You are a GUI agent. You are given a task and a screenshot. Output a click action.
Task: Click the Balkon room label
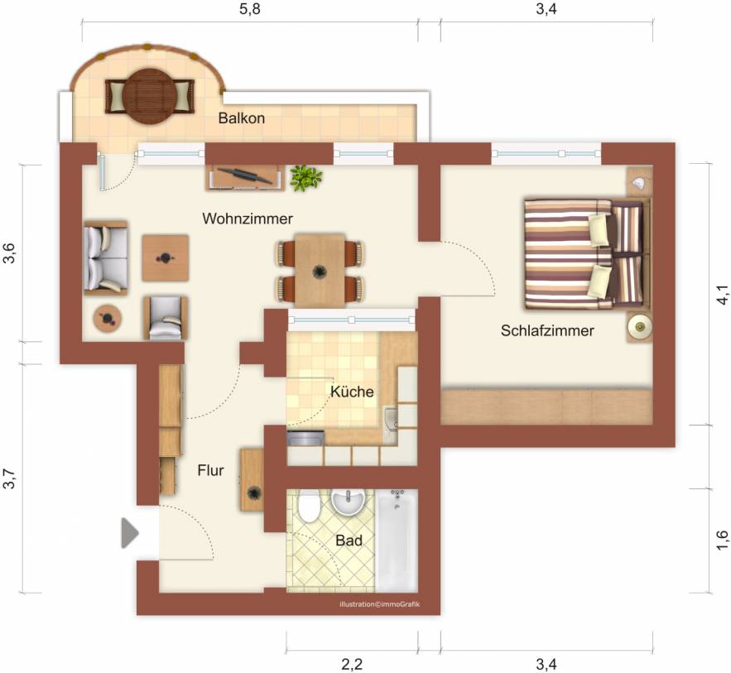pos(242,118)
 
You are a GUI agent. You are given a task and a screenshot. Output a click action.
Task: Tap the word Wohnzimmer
pos(248,219)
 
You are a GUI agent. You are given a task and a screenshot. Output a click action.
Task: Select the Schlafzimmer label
pos(547,330)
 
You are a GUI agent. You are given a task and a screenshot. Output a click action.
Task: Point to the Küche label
pos(352,392)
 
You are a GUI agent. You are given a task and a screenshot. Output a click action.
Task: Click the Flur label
pos(211,470)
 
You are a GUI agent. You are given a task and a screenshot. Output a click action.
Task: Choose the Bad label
pos(349,541)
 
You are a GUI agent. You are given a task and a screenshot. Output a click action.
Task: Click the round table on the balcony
pos(150,96)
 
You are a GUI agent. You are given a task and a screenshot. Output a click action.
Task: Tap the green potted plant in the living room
pos(305,178)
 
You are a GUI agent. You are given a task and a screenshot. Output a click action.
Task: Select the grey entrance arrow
pos(130,532)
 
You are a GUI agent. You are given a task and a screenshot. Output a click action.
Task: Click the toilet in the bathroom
pos(308,506)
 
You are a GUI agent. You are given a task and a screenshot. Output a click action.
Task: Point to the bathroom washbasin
pos(348,502)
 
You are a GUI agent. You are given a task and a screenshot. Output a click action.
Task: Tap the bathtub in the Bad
pos(397,541)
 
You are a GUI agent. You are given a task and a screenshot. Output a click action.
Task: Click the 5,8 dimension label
pos(249,9)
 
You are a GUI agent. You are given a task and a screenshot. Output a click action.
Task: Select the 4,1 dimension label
pos(722,295)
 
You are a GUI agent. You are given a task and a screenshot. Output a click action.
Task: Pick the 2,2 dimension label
pos(352,664)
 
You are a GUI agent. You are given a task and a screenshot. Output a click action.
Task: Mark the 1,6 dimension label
pos(722,540)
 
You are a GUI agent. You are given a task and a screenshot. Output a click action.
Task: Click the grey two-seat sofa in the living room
pos(106,257)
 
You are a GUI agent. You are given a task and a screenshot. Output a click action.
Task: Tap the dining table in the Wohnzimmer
pos(320,271)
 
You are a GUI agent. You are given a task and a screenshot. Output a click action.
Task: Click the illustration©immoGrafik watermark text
pos(379,604)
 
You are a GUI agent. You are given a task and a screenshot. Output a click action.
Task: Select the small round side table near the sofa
pos(108,319)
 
